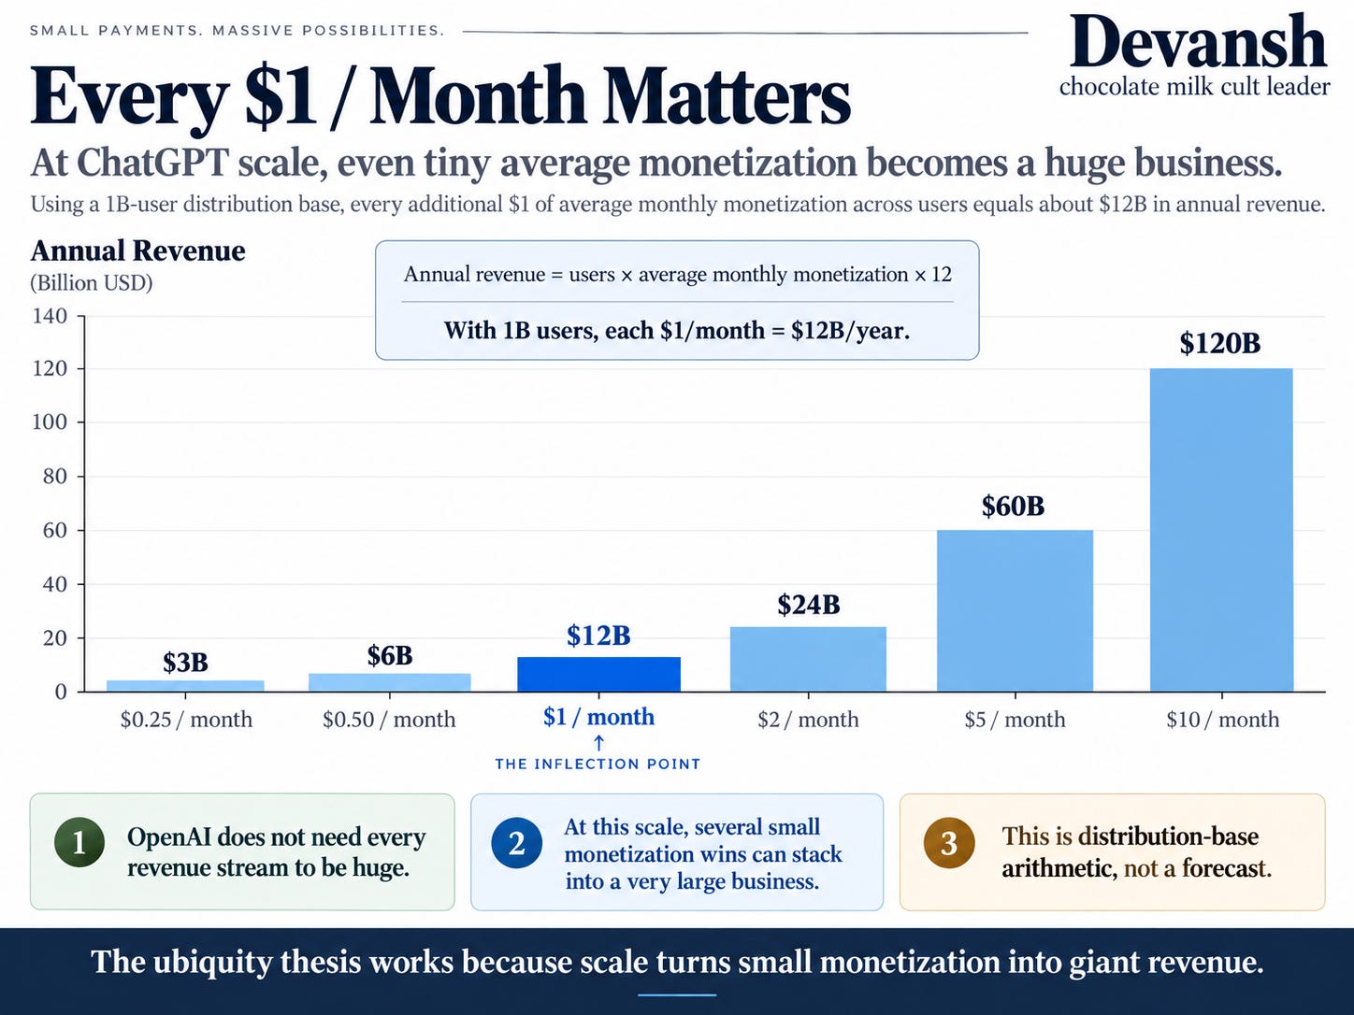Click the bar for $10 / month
coord(1221,530)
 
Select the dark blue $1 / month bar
coord(599,674)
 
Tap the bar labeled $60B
coord(1015,610)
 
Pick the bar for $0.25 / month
coord(185,686)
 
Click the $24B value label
coord(808,605)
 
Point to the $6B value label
coord(390,655)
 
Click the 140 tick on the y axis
coord(50,316)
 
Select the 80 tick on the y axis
coord(55,477)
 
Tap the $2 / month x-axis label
coord(808,719)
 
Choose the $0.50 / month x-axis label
coord(389,719)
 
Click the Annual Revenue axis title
coord(137,250)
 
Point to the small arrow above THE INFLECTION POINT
coord(598,743)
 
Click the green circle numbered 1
coord(79,842)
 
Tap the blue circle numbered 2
coord(517,842)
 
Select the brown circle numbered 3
coord(949,842)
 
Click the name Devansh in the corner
coord(1198,41)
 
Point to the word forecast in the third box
coord(1227,868)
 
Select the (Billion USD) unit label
coord(92,283)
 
